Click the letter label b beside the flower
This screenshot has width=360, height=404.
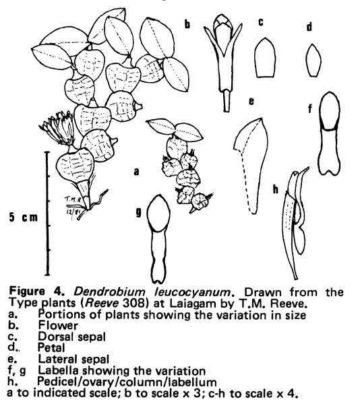point(187,24)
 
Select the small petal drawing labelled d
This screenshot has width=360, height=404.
point(313,60)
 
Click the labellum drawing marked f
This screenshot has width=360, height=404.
point(329,134)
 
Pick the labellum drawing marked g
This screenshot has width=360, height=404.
point(158,238)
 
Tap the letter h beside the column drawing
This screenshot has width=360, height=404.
point(276,190)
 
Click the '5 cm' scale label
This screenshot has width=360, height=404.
point(23,217)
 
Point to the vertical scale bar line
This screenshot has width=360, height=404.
point(47,213)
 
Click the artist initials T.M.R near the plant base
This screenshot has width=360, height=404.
point(73,199)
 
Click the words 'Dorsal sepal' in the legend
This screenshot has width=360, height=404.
point(72,337)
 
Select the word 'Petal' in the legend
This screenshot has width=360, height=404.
point(51,348)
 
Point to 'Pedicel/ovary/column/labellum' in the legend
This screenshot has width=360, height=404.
point(127,382)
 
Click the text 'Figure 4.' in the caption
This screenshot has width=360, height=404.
point(37,292)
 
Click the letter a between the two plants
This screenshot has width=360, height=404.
point(137,172)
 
